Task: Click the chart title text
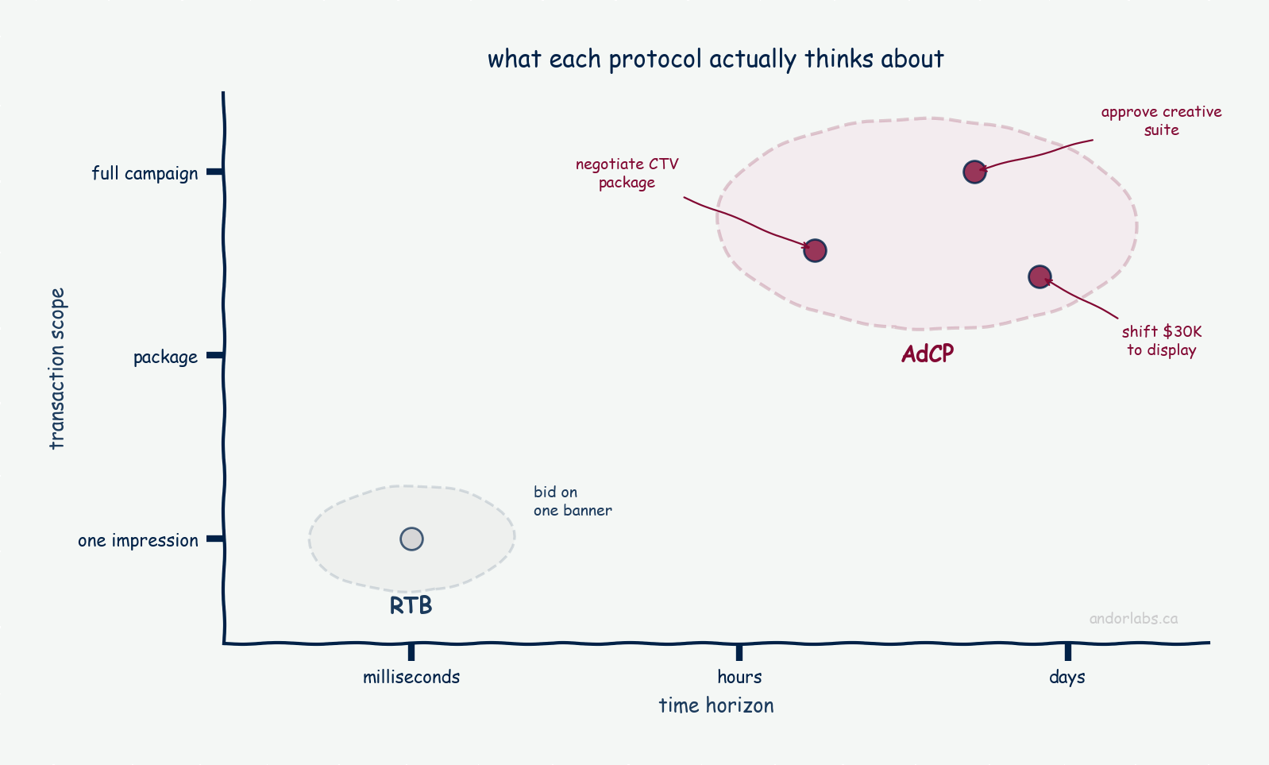[x=715, y=60]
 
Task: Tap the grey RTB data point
[x=412, y=539]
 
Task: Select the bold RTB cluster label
[x=411, y=606]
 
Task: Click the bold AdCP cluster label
[x=928, y=354]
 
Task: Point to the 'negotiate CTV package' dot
[x=816, y=250]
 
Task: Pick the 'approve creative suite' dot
[x=975, y=172]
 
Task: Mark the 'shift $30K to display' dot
[x=1040, y=277]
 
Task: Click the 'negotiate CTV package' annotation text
[x=627, y=173]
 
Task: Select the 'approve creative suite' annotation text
[x=1161, y=121]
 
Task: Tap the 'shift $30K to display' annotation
[x=1161, y=341]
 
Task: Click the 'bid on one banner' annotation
[x=573, y=501]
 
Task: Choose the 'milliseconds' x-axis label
[x=411, y=677]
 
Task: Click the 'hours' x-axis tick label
[x=739, y=677]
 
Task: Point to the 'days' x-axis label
[x=1067, y=677]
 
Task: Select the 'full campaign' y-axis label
[x=145, y=173]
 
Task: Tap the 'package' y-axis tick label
[x=165, y=357]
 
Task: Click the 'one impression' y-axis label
[x=138, y=541]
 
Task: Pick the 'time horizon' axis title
[x=716, y=705]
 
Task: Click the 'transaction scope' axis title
[x=57, y=369]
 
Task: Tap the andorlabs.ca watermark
[x=1133, y=618]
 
